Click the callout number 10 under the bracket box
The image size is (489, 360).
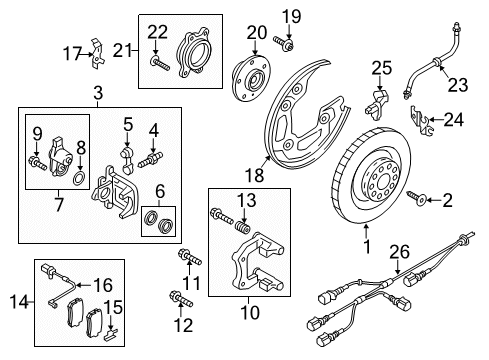tap(249, 313)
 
